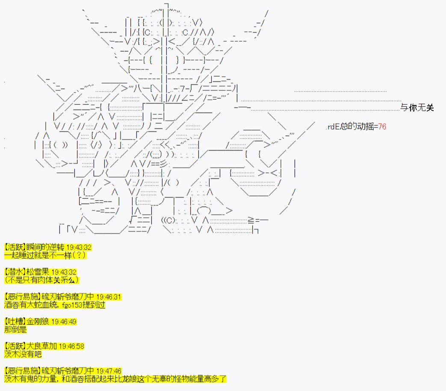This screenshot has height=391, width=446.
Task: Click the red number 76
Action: (382, 126)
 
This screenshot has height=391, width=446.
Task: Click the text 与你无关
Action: (417, 107)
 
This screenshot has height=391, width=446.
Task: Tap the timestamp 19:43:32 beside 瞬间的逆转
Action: (79, 247)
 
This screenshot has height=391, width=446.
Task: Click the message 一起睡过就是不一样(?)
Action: (45, 255)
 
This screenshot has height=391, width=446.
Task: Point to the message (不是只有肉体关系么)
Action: (41, 280)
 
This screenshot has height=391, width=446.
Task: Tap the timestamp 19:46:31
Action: (109, 297)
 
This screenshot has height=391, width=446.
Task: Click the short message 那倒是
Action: (15, 329)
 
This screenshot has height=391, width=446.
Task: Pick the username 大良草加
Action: (41, 346)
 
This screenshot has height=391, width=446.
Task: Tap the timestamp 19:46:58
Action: (72, 347)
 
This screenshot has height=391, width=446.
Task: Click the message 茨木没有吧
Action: (23, 354)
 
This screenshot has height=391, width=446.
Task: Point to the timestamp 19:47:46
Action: (109, 371)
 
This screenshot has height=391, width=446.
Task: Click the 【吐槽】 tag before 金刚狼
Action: (15, 322)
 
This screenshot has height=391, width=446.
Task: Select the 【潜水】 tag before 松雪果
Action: (15, 272)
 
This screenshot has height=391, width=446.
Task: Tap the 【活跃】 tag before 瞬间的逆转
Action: (15, 247)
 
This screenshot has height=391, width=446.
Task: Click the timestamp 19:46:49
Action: (64, 322)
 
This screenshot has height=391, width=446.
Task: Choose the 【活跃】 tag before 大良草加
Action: (15, 346)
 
